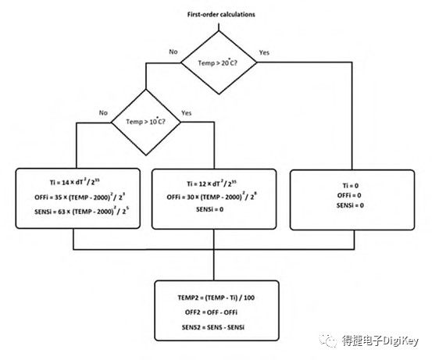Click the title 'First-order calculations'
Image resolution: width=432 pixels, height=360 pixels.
pyautogui.click(x=221, y=14)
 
